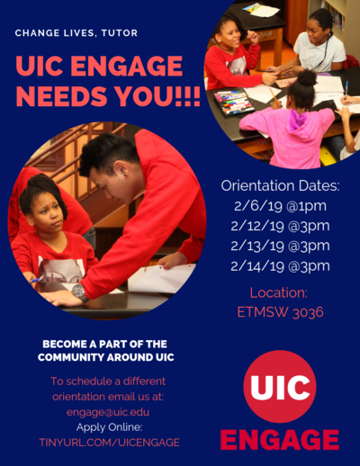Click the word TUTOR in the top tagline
pyautogui.click(x=120, y=32)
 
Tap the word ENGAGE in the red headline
pyautogui.click(x=127, y=66)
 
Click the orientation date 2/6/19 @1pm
pyautogui.click(x=280, y=206)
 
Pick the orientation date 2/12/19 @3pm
pyautogui.click(x=280, y=226)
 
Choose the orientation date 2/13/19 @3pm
pyautogui.click(x=280, y=246)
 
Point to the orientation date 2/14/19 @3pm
pyautogui.click(x=280, y=266)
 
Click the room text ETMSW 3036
pyautogui.click(x=281, y=312)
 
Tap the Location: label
pyautogui.click(x=279, y=292)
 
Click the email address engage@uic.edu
pyautogui.click(x=108, y=412)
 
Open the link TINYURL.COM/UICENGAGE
pyautogui.click(x=110, y=443)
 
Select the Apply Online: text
pyautogui.click(x=110, y=427)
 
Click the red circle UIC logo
pyautogui.click(x=280, y=387)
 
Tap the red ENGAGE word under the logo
pyautogui.click(x=280, y=440)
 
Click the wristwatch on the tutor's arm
pyautogui.click(x=80, y=292)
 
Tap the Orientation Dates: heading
pyautogui.click(x=281, y=186)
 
